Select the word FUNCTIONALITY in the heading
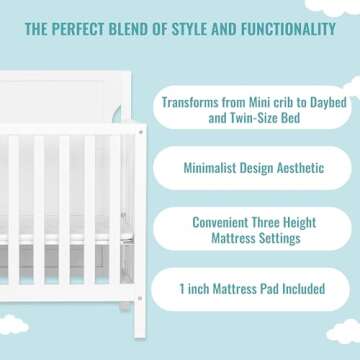click(287, 29)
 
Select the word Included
click(299, 289)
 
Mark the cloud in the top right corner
click(344, 5)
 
